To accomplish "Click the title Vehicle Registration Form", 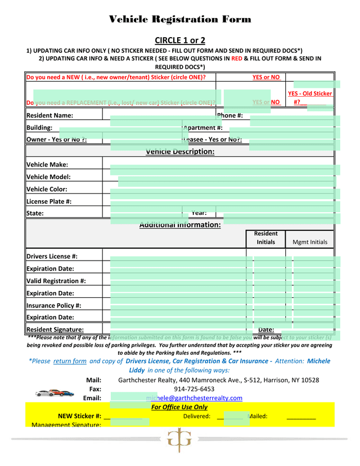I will [179, 20].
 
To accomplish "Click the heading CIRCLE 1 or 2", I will [179, 40].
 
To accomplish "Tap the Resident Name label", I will [50, 116].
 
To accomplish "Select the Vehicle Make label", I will [47, 165].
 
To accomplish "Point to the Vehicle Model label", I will [48, 177].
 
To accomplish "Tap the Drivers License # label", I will [52, 257].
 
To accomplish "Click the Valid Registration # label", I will [56, 281].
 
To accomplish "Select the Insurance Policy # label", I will [53, 306].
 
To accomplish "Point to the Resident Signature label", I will [55, 330].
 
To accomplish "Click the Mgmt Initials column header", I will [310, 243].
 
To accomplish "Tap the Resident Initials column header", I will [265, 238].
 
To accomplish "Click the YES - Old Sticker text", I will [310, 94].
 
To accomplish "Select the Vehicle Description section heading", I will [180, 152].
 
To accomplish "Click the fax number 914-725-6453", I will [194, 389].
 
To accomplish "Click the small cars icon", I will [54, 393].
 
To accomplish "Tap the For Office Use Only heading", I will [179, 407].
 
